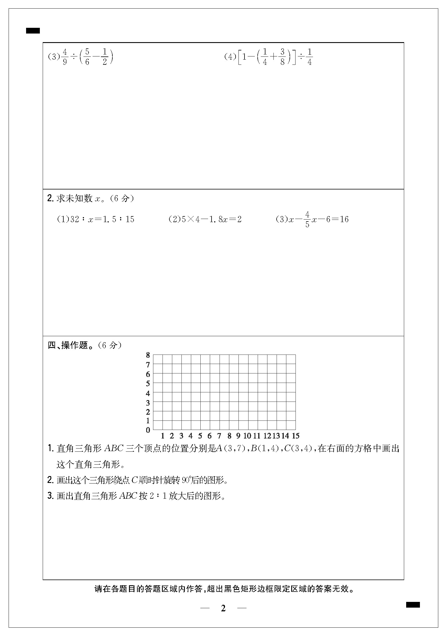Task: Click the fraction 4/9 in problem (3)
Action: [x=65, y=57]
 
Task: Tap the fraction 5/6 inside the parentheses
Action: [x=87, y=57]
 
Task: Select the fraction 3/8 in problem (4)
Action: [x=282, y=57]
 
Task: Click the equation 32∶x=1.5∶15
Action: [x=102, y=219]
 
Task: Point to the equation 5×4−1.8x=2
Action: [x=212, y=219]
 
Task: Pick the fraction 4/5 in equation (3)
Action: [x=307, y=219]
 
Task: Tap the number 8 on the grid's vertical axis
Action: [x=148, y=355]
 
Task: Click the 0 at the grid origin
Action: [x=148, y=430]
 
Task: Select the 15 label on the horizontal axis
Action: [x=296, y=436]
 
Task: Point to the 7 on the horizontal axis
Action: [x=219, y=436]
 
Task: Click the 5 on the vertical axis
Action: [x=148, y=383]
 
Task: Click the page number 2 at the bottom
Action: [x=223, y=608]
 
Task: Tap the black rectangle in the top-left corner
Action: [x=33, y=31]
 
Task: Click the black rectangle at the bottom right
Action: [x=413, y=605]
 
